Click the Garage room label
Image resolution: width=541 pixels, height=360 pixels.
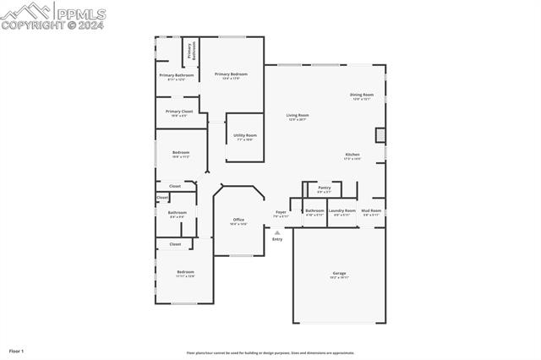click(x=340, y=274)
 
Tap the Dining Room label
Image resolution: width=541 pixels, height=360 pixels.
click(x=362, y=95)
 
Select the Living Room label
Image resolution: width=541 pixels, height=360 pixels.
click(x=298, y=116)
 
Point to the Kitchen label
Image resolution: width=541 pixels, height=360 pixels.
click(x=352, y=155)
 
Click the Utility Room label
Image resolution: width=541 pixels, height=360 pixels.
click(x=245, y=136)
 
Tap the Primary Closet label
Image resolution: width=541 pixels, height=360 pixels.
click(x=178, y=112)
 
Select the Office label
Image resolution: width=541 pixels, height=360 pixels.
click(x=238, y=221)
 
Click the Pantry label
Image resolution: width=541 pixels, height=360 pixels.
click(x=325, y=188)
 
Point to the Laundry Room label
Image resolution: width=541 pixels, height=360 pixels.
click(x=342, y=211)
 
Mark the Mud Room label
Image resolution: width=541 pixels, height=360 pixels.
click(x=371, y=211)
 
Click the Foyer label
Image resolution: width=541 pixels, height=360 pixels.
click(x=281, y=213)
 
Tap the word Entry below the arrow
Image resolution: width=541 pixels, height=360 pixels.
click(x=277, y=239)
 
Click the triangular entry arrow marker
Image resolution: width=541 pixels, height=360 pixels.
click(x=277, y=232)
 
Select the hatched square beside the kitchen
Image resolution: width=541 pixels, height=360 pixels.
click(x=380, y=134)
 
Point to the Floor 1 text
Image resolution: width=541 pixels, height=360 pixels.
click(x=17, y=350)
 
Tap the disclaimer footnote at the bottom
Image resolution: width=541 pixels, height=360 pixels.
click(x=270, y=353)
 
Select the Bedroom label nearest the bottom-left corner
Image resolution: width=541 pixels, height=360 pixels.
click(x=185, y=273)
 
